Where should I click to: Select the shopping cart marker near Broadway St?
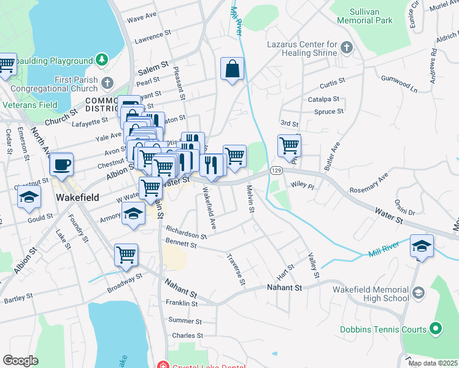click(126, 255)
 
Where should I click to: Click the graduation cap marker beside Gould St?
click(29, 197)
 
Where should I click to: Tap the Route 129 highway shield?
click(277, 169)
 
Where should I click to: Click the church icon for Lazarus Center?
click(347, 47)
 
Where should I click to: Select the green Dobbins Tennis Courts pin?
click(436, 329)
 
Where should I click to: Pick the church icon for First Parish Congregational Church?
click(107, 83)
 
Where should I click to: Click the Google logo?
click(20, 360)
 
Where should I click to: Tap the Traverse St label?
click(236, 270)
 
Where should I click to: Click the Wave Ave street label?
click(142, 16)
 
